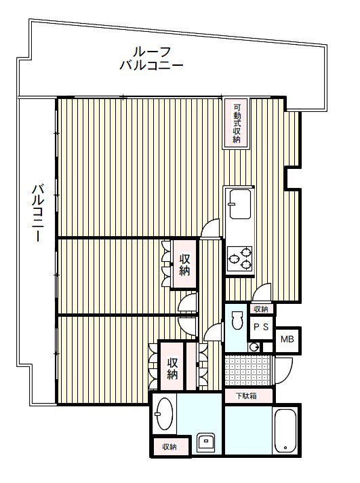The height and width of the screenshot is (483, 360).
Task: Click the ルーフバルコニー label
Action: point(151,58)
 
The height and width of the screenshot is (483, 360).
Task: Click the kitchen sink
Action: point(239,204)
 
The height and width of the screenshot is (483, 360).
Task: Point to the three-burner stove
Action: point(239,258)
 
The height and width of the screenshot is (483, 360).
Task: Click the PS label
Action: point(261,327)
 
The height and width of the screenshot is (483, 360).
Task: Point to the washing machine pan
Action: point(205,443)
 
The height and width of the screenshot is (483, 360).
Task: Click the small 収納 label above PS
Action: point(261,309)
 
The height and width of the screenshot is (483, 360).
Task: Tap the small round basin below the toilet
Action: point(254,347)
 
